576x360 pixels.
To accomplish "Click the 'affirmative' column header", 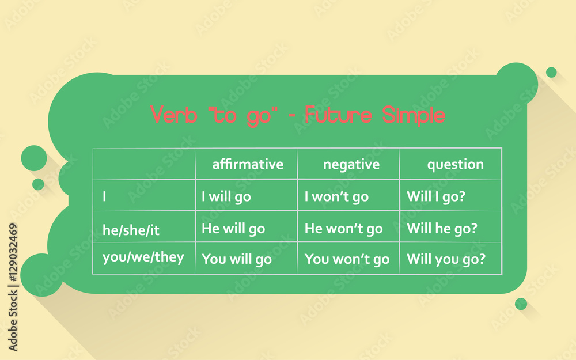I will (x=248, y=164).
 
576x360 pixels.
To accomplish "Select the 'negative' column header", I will (x=351, y=164).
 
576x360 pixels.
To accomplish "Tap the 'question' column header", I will (x=455, y=164).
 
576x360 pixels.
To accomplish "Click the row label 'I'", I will (x=104, y=196).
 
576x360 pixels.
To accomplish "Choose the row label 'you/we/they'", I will (x=143, y=257).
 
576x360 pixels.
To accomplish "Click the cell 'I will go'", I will (x=226, y=196).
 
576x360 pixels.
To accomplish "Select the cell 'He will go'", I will (x=233, y=229).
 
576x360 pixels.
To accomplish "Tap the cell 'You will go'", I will (x=236, y=259).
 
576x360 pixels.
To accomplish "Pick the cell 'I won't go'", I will (x=336, y=196).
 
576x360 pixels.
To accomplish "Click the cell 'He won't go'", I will (x=343, y=229).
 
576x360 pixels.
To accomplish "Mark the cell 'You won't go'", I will (x=347, y=259).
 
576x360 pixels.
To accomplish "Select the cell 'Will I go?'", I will (x=436, y=196).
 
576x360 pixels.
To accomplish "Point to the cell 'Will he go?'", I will (x=442, y=229).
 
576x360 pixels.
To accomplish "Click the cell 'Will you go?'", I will (x=446, y=259).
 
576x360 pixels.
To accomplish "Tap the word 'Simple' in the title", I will (x=414, y=115).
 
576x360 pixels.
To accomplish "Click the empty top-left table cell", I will (x=143, y=164).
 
